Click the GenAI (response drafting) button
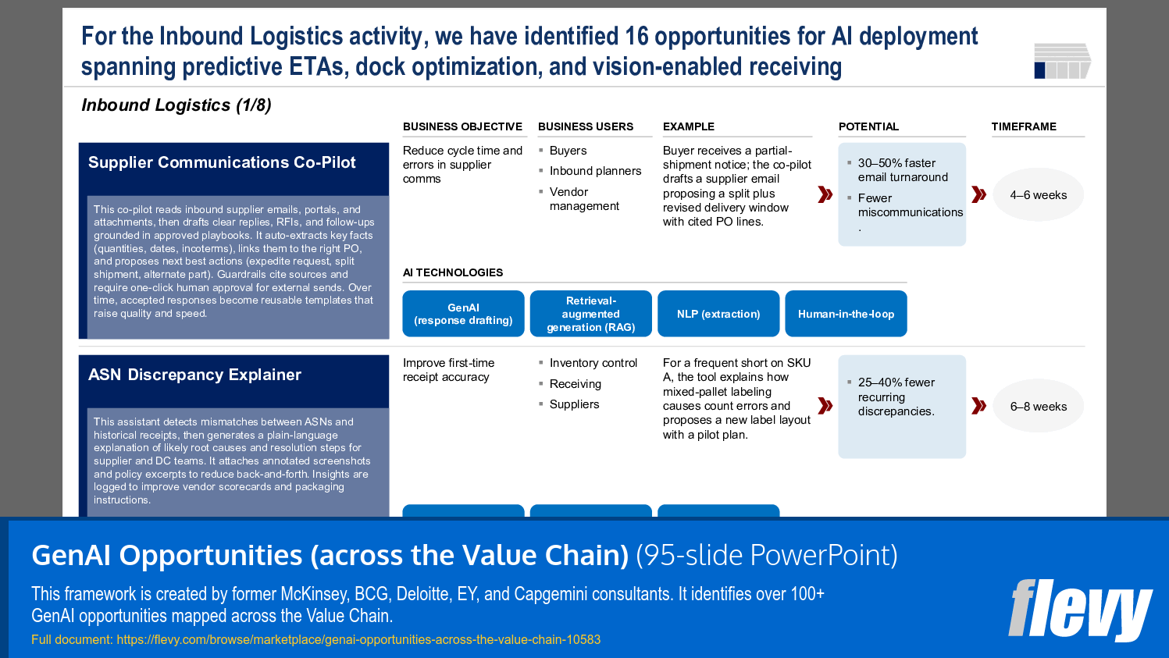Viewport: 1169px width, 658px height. pos(463,314)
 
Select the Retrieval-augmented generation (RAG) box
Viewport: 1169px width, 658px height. pos(590,314)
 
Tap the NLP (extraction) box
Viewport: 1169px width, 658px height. pos(718,314)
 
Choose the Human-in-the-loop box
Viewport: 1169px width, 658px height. pos(846,314)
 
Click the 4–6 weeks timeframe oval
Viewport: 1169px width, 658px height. pos(1038,195)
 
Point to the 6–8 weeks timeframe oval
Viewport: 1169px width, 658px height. pos(1038,407)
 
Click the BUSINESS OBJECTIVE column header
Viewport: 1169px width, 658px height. pos(462,126)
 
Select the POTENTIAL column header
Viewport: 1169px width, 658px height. pos(868,126)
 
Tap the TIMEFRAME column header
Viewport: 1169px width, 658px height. pos(1024,126)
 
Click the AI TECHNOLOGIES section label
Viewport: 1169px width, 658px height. pos(453,272)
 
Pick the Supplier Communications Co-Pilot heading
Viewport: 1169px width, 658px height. pos(222,162)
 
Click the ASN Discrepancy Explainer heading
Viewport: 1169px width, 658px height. pos(194,375)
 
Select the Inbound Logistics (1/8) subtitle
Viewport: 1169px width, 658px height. pos(176,105)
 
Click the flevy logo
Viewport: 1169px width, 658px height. pos(1080,610)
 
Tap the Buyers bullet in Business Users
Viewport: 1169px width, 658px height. pos(568,151)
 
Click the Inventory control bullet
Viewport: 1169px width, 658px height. pos(593,363)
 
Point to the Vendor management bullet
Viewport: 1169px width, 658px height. pos(583,199)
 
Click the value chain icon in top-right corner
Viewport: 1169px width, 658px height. pos(1062,61)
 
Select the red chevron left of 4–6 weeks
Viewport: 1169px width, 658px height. pos(978,194)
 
